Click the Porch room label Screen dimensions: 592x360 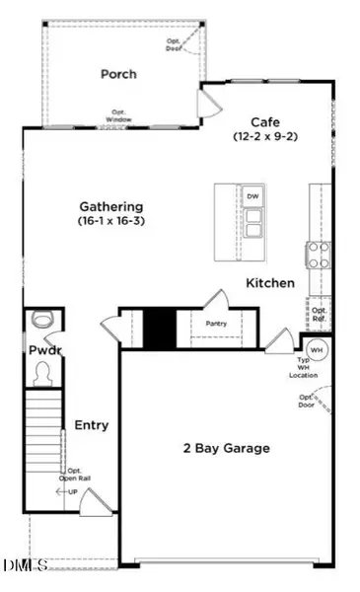coord(118,74)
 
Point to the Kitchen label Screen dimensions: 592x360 coord(270,283)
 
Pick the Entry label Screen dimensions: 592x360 coord(91,425)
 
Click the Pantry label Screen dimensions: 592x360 coord(218,323)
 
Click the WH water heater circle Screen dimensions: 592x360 coord(318,350)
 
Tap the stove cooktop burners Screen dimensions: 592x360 coord(321,256)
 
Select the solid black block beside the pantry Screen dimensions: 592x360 coord(159,328)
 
